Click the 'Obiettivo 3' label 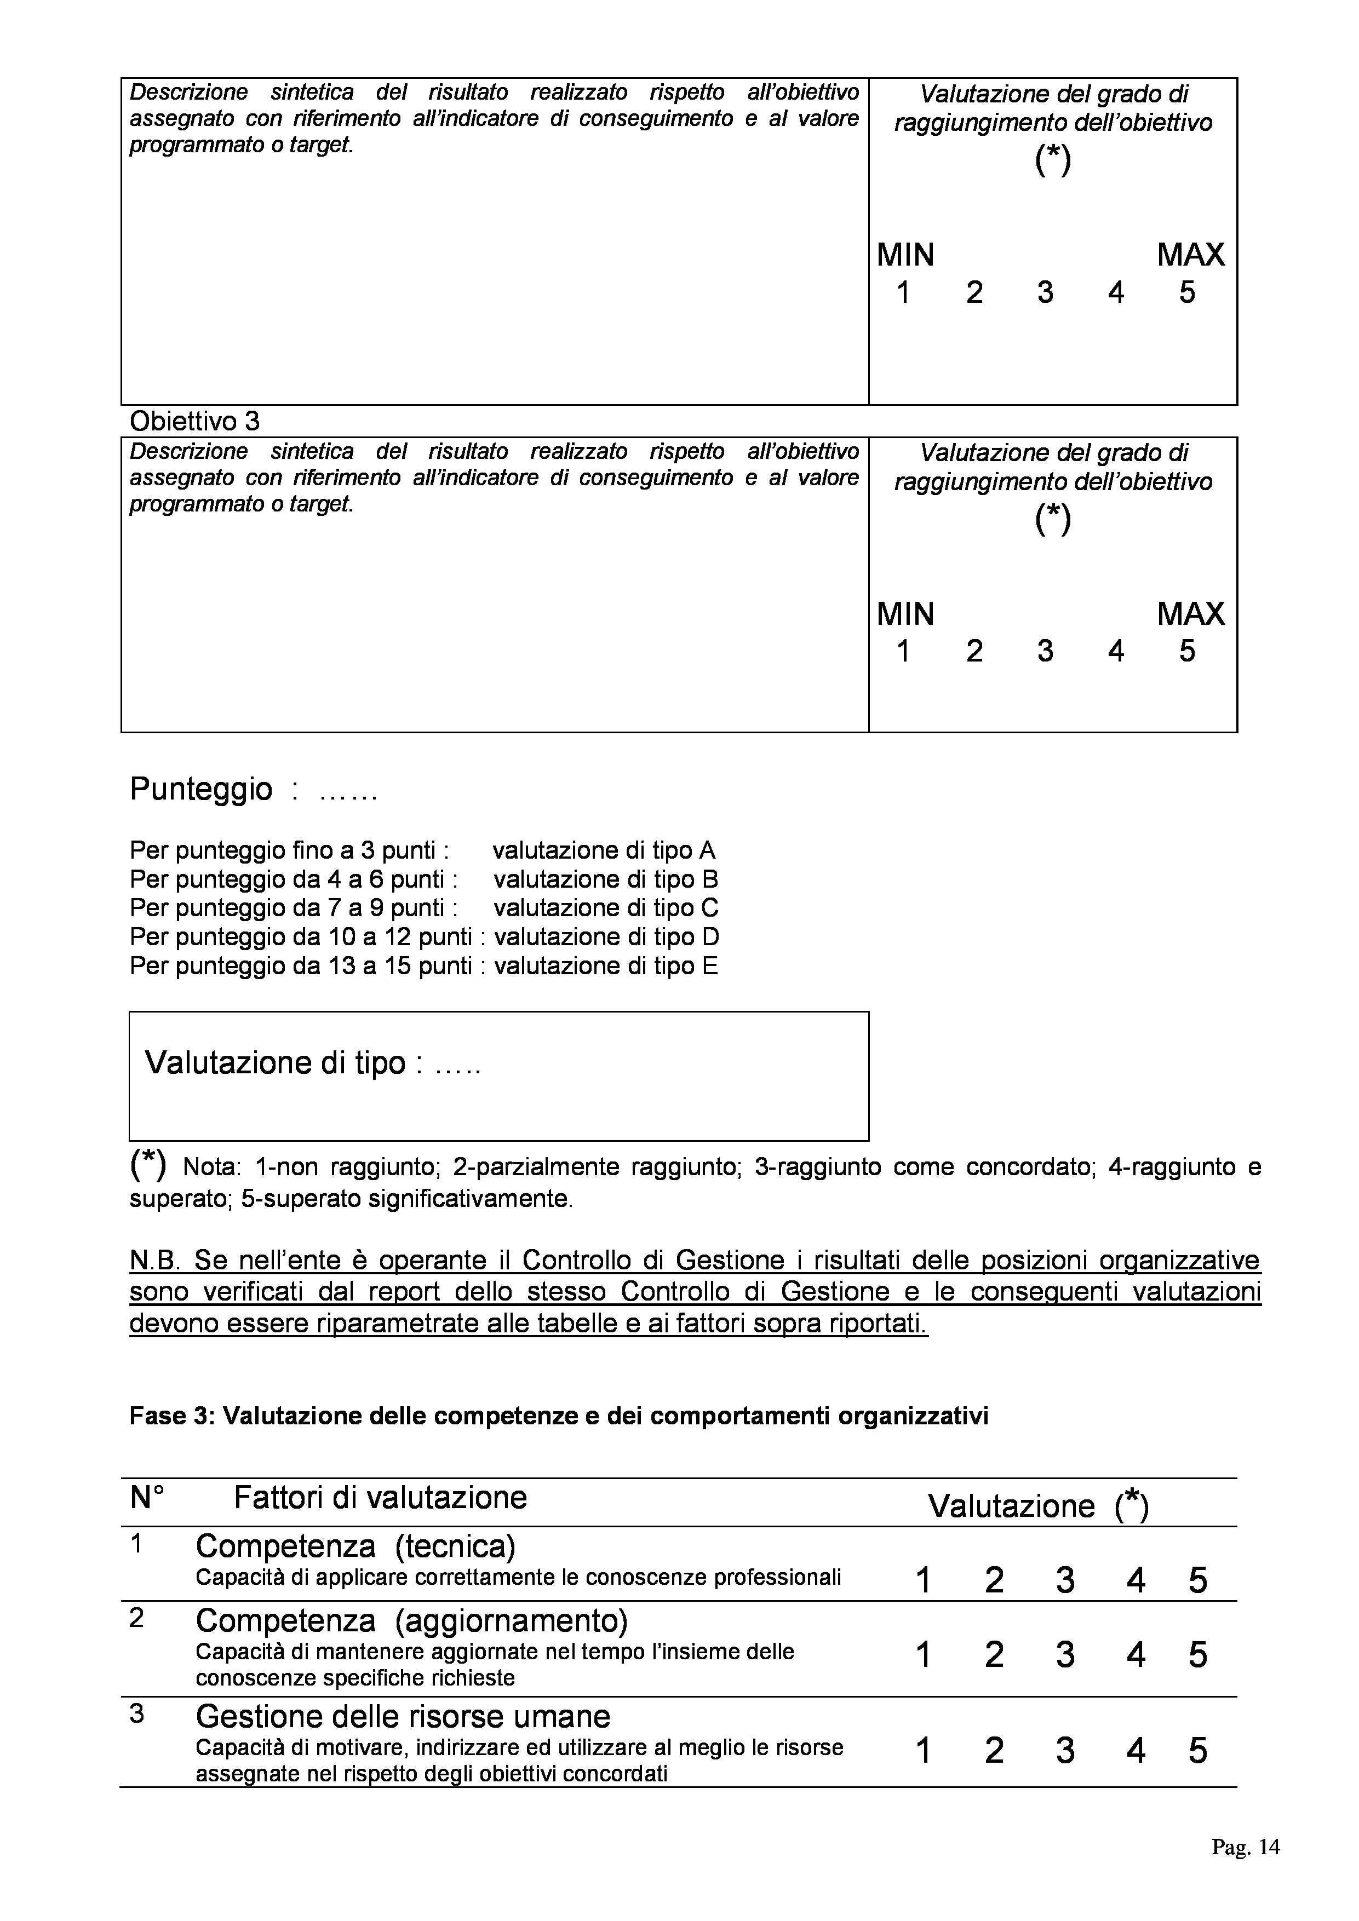[x=194, y=421]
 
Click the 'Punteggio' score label [x=201, y=789]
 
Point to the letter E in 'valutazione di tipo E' [x=710, y=967]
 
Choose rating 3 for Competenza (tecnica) [x=1064, y=1580]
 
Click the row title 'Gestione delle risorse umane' [x=403, y=1717]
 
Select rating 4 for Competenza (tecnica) [x=1136, y=1580]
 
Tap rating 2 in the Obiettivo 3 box [x=974, y=651]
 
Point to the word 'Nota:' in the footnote [x=212, y=1167]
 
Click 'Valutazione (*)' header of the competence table [x=1037, y=1506]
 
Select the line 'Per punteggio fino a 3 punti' [x=290, y=851]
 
